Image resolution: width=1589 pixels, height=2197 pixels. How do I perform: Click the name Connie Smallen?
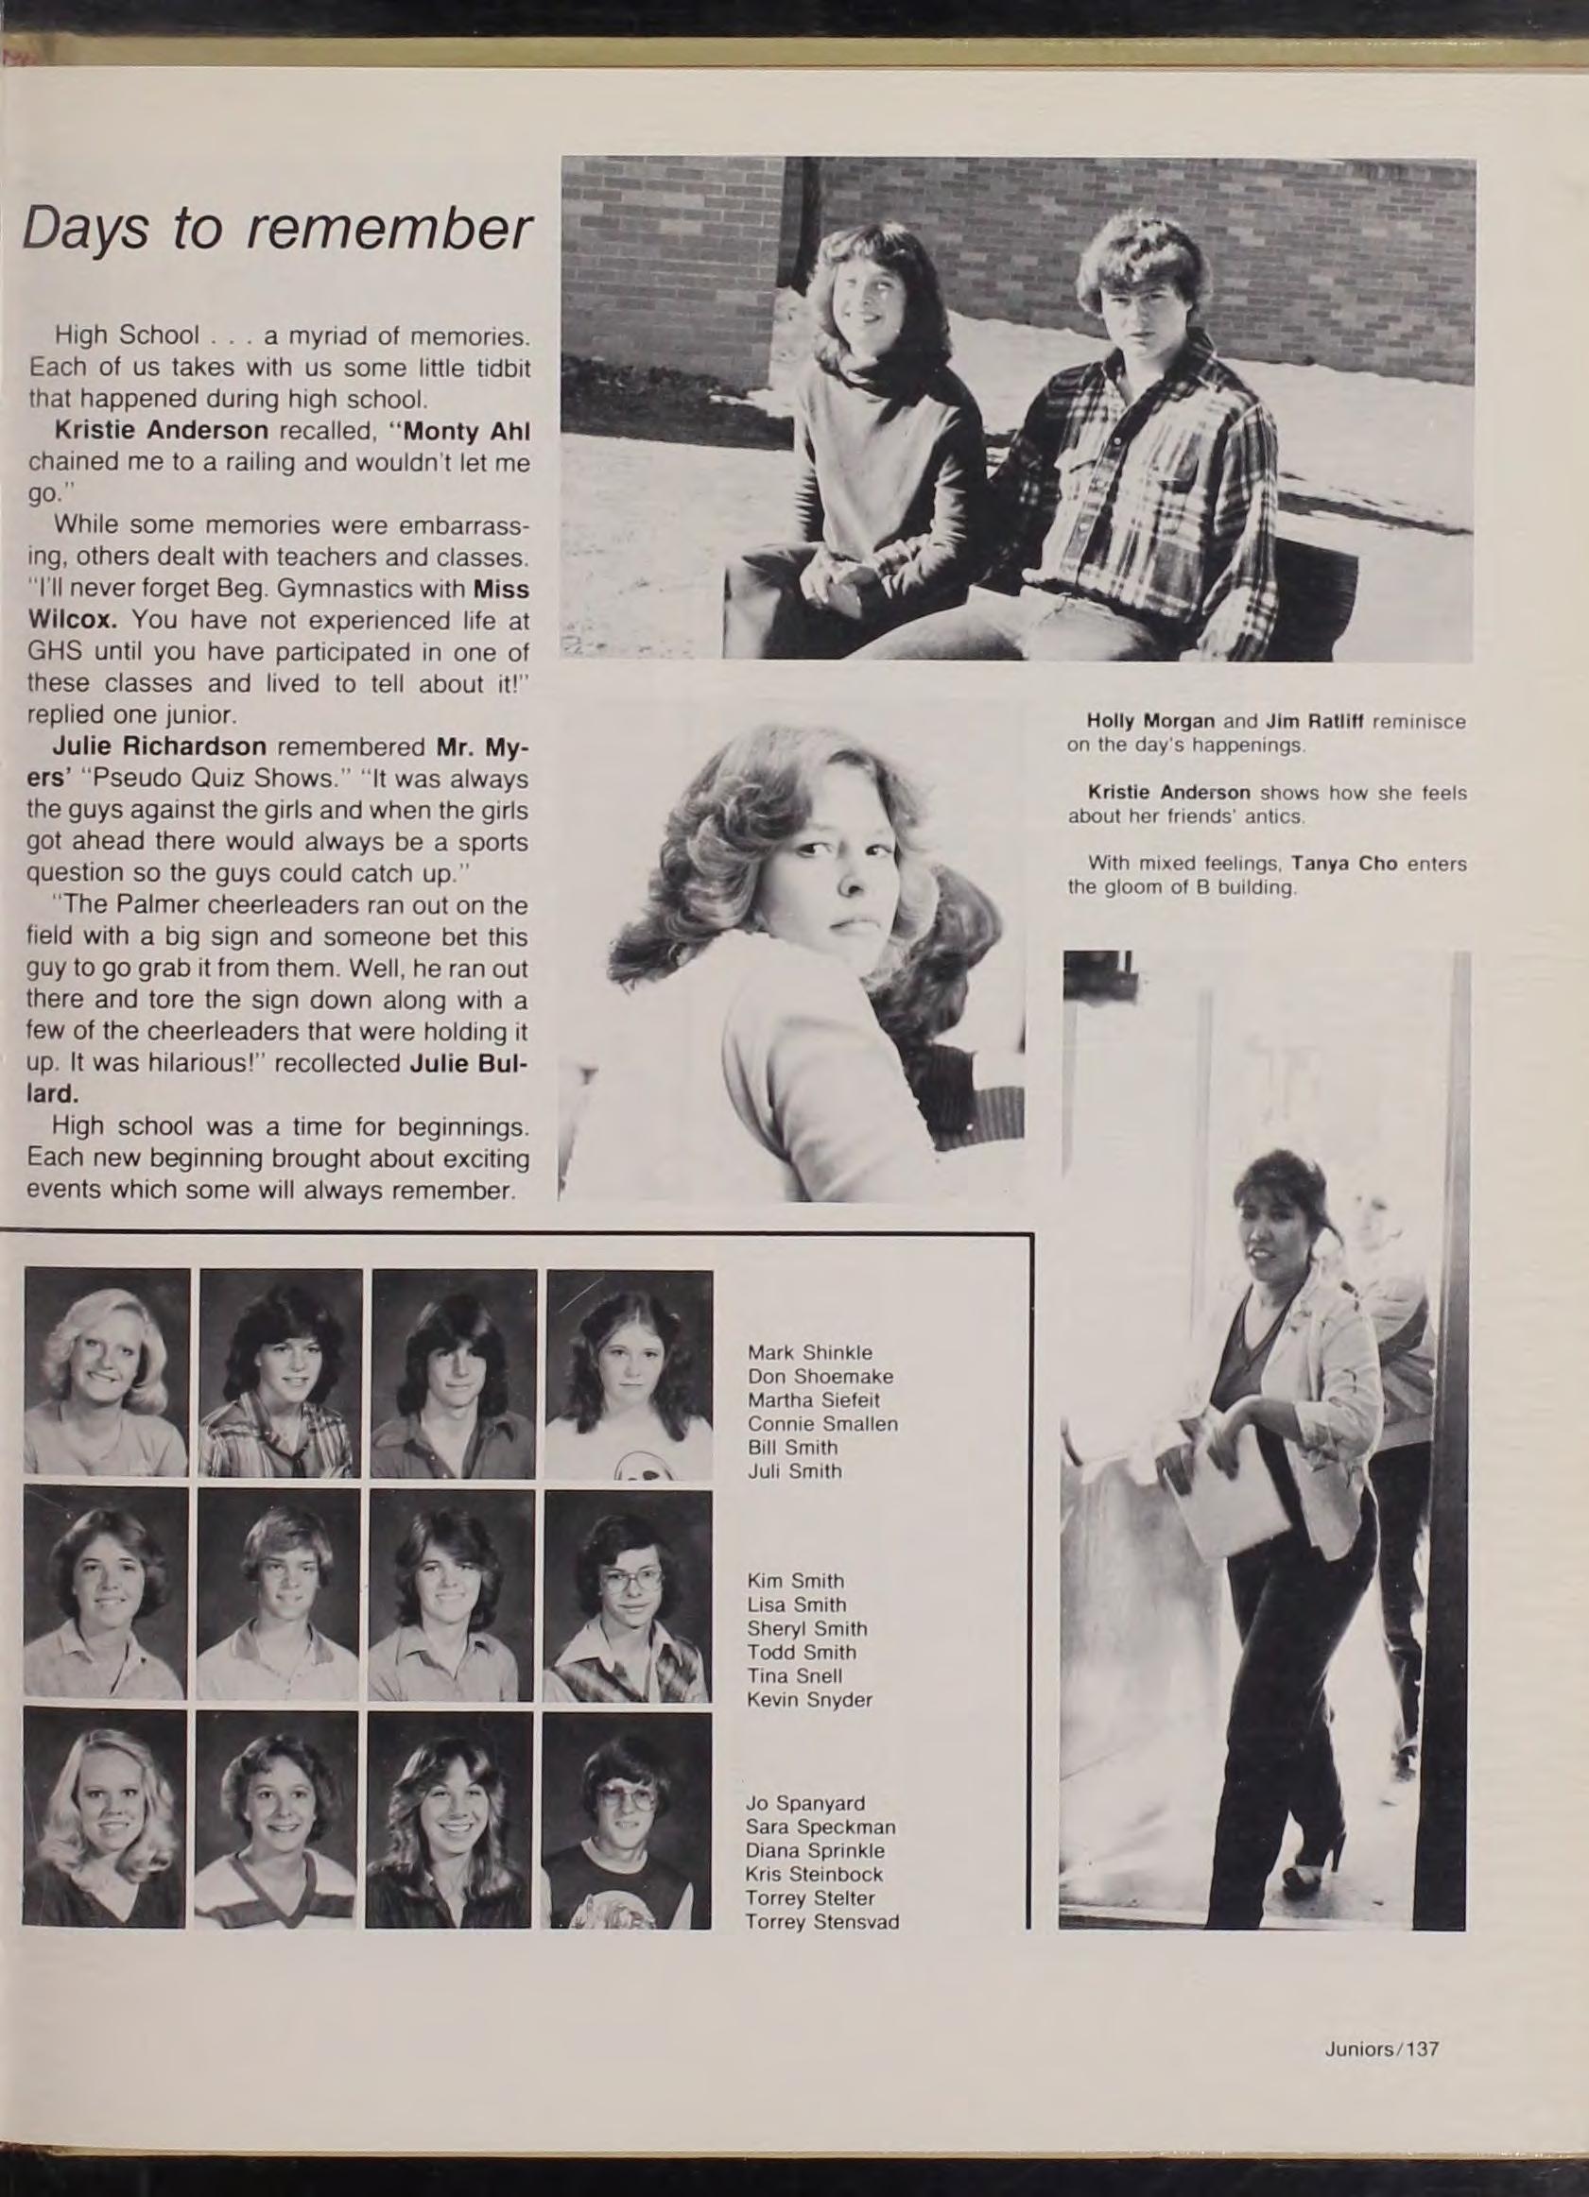[822, 1423]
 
